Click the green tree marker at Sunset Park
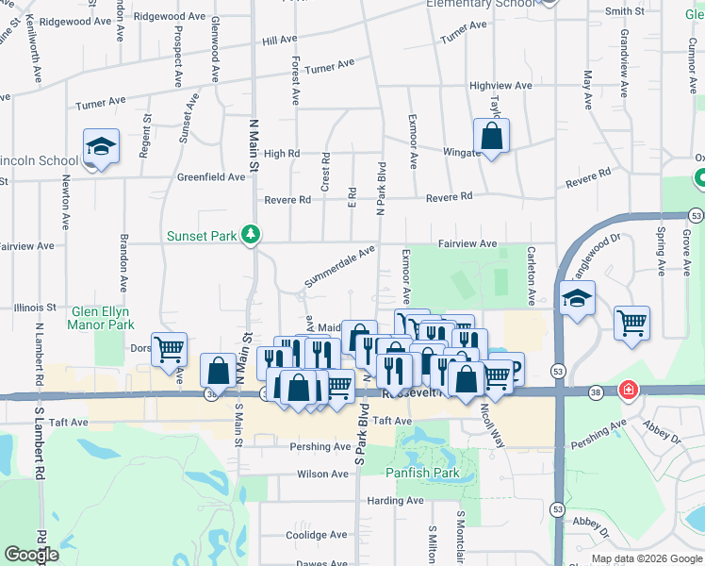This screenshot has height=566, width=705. click(250, 234)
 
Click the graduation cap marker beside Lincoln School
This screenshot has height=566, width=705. click(101, 147)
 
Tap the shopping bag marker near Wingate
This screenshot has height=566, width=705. click(491, 136)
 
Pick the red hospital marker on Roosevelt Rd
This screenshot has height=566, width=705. click(628, 390)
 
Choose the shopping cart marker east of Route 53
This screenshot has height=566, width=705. click(631, 323)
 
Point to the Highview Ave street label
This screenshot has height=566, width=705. click(500, 86)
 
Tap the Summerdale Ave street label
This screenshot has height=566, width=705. click(338, 266)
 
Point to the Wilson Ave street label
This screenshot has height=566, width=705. click(322, 474)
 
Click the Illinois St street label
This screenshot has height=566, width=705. click(37, 308)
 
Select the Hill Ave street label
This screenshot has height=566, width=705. click(280, 41)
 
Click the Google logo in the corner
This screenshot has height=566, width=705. click(31, 555)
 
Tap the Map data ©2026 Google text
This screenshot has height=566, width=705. click(646, 558)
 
